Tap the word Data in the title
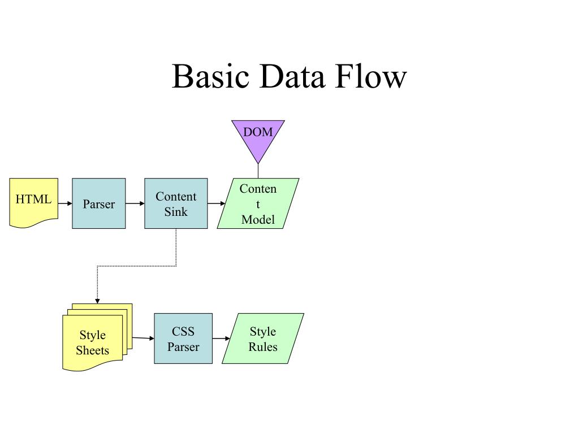click(292, 76)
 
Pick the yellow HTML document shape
click(33, 203)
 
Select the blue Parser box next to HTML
click(98, 203)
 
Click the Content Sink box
click(176, 203)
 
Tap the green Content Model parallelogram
click(258, 203)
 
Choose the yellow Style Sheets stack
click(97, 337)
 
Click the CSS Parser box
click(183, 338)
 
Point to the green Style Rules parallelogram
click(263, 338)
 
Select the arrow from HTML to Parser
click(65, 203)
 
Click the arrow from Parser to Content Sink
click(135, 203)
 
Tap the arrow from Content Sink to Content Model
click(217, 203)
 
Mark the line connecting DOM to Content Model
click(258, 171)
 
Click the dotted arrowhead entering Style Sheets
click(97, 301)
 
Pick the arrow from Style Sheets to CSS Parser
click(143, 338)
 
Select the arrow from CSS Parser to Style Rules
click(221, 338)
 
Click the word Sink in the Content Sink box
click(176, 212)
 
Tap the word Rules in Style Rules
click(263, 347)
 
